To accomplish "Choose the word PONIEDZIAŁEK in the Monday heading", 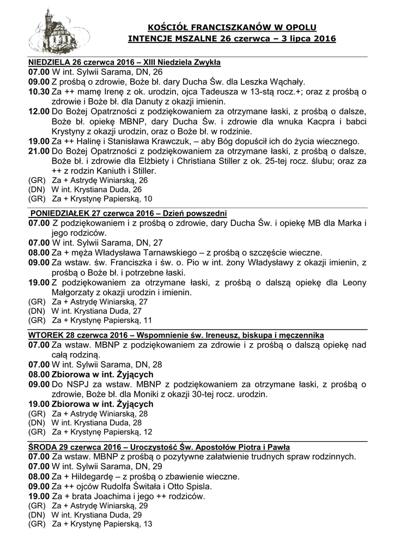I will pos(60,213).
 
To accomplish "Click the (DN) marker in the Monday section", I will pos(36,311).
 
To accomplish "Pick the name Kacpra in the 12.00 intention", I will pos(307,122).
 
